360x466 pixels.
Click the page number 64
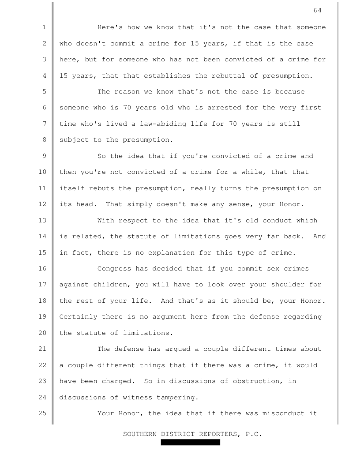tap(318, 11)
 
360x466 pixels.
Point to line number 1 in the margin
tap(45, 27)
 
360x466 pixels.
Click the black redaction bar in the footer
tap(190, 442)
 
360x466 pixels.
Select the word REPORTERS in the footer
tap(218, 434)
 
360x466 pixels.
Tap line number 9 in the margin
tap(45, 156)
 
